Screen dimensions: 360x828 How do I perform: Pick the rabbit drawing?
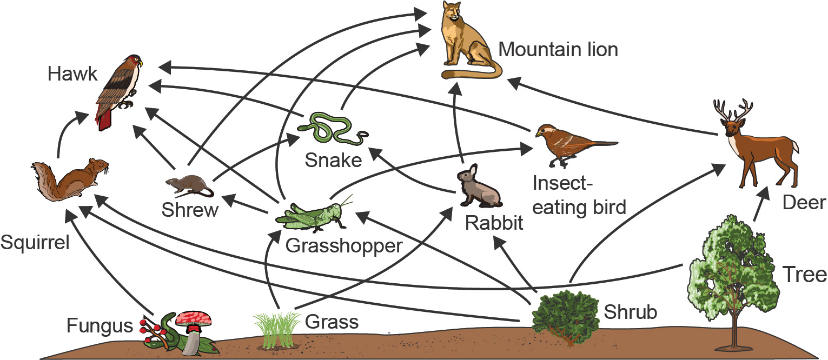478,187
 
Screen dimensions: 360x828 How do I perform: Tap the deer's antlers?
733,110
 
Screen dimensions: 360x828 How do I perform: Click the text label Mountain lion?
558,50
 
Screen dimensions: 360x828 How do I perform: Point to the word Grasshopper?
344,246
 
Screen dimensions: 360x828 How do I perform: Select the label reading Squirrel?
35,243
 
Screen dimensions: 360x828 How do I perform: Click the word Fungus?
100,326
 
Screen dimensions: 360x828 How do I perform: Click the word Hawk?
72,74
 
